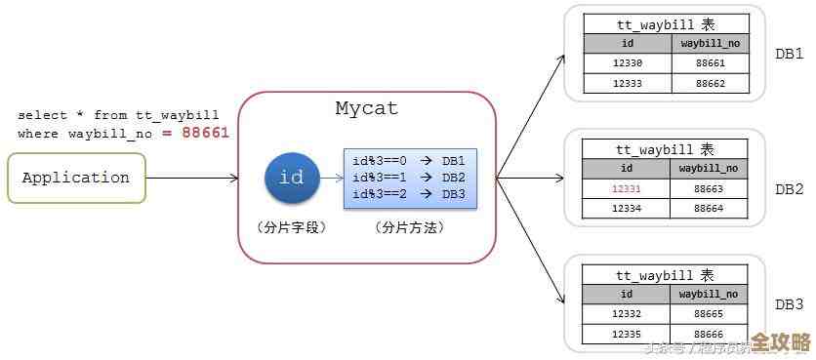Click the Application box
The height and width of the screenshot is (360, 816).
(x=76, y=178)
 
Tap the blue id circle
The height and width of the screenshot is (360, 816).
(x=291, y=178)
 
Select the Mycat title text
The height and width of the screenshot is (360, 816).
(x=366, y=108)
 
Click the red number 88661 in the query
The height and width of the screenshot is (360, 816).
(x=205, y=133)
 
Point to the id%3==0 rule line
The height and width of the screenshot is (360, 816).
(x=408, y=161)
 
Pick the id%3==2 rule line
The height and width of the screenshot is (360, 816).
(x=408, y=193)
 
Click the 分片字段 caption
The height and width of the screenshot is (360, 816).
(x=291, y=226)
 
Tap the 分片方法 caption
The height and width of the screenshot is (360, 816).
(x=409, y=226)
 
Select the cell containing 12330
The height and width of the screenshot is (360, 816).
(x=627, y=63)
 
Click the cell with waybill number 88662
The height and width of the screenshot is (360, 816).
(x=710, y=83)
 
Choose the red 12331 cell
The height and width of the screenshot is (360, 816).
(x=627, y=188)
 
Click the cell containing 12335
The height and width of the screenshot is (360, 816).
(x=627, y=333)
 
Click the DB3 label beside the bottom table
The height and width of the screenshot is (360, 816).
(x=789, y=304)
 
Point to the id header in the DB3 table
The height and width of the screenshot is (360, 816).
(x=627, y=294)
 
